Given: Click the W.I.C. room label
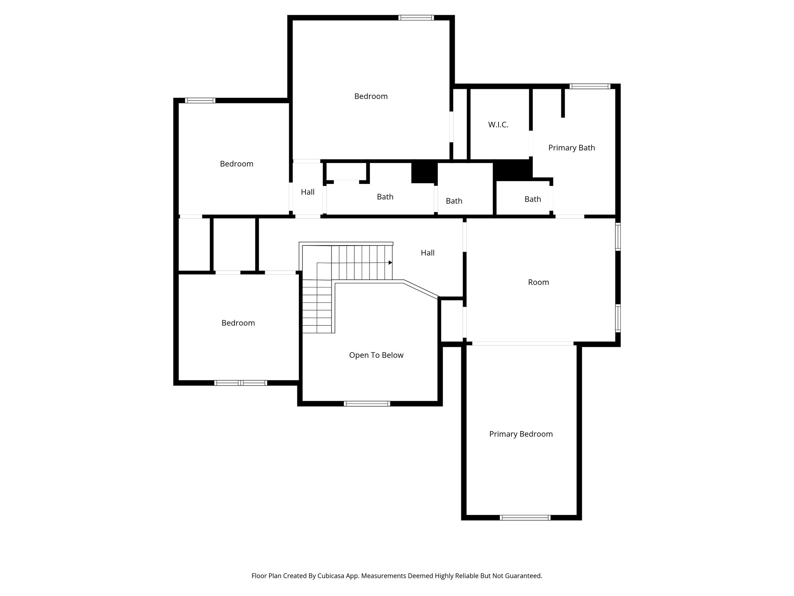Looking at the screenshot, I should [x=498, y=125].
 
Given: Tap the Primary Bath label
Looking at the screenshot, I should [x=571, y=148].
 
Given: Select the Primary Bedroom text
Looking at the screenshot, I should [x=521, y=434].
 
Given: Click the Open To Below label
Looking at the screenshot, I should [x=376, y=355].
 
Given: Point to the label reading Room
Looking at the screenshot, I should [x=539, y=282].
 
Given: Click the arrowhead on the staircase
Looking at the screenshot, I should [x=390, y=263].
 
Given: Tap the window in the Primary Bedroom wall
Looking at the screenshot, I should [x=525, y=517].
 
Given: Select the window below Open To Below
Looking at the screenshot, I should [x=367, y=404].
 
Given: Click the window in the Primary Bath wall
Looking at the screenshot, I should [x=590, y=87].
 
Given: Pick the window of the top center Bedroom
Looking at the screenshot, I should [x=416, y=18].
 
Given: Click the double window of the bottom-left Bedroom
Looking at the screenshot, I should [x=241, y=383].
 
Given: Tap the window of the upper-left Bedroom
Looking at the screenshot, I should [x=200, y=100].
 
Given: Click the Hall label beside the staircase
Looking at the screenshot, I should [x=428, y=253].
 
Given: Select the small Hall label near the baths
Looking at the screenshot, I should [x=307, y=192].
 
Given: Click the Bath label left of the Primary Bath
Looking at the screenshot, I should [x=533, y=199].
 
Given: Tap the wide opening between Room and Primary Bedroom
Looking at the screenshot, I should [x=523, y=343].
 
